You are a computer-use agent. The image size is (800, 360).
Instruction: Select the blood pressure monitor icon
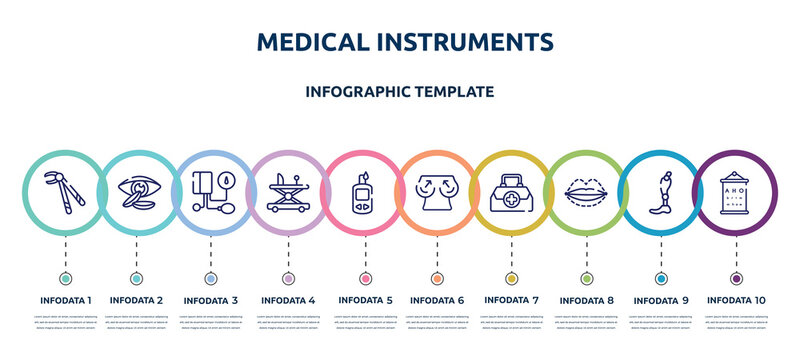tap(213, 188)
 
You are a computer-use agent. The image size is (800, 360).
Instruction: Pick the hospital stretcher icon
tap(288, 188)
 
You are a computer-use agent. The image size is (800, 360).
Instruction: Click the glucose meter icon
tap(362, 188)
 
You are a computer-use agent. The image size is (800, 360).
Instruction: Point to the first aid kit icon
tap(511, 188)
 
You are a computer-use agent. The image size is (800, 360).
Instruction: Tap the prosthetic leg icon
tap(660, 188)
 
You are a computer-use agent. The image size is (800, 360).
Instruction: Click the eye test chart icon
tap(736, 188)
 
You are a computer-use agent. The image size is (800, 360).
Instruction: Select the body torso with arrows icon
tap(437, 188)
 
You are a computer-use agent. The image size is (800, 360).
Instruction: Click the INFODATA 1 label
tap(65, 300)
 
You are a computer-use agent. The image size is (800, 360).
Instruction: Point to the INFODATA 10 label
tap(737, 300)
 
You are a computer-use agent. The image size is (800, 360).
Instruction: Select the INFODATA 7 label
tap(511, 300)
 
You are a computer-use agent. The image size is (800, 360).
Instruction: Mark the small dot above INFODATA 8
tap(585, 277)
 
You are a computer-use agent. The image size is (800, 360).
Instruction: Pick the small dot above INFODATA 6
tap(437, 277)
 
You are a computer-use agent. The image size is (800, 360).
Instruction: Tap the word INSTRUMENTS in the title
tap(468, 41)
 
